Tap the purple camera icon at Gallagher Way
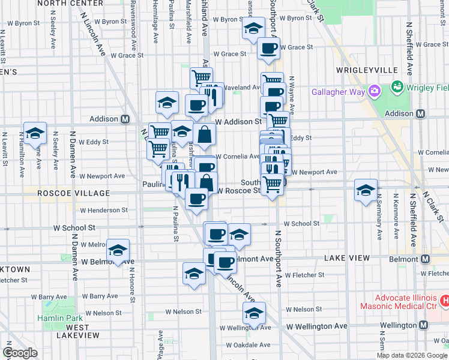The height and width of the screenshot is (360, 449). pos(376,91)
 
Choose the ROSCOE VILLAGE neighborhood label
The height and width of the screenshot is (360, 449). pos(74,193)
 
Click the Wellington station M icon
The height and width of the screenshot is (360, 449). pos(423,325)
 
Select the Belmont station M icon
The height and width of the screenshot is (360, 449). pos(425,259)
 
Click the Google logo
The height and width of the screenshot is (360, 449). pos(20,352)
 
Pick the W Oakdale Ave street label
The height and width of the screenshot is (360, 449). pos(248,345)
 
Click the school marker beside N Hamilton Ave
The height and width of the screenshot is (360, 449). pos(35,134)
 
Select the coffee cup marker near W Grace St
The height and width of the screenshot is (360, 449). pos(268,48)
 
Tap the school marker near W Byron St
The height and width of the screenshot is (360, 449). pos(253,28)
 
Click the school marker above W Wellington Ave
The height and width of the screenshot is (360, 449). pos(254,313)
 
